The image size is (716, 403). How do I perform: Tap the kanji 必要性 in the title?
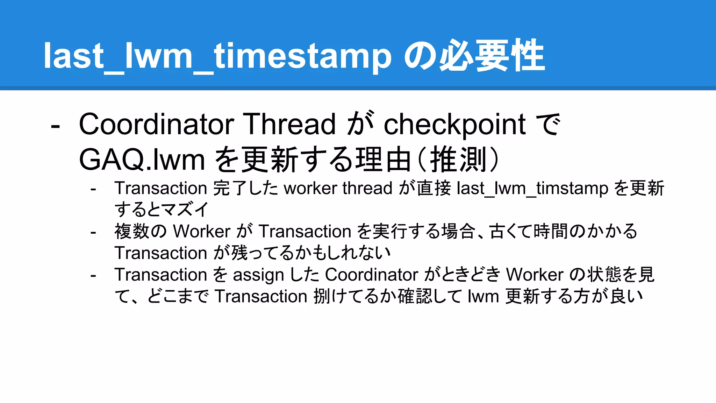pyautogui.click(x=492, y=56)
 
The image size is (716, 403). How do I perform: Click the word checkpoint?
pyautogui.click(x=454, y=125)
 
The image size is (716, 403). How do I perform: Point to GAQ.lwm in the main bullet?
pyautogui.click(x=142, y=160)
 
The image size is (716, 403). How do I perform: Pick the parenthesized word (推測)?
pyautogui.click(x=458, y=160)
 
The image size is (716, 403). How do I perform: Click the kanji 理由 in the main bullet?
pyautogui.click(x=383, y=160)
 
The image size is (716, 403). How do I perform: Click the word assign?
pyautogui.click(x=258, y=275)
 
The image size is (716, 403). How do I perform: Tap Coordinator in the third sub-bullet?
pyautogui.click(x=371, y=275)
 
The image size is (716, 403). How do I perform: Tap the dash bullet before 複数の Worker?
pyautogui.click(x=93, y=232)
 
